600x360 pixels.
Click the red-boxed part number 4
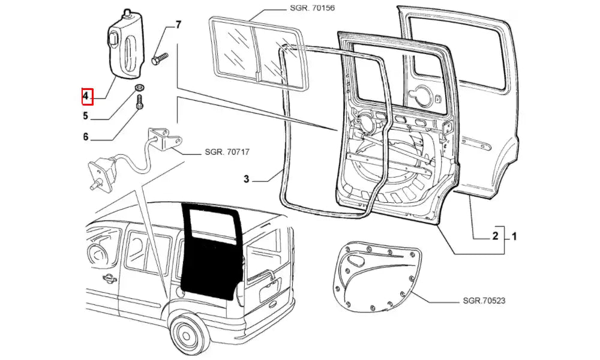pos(86,95)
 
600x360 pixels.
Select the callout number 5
pos(86,116)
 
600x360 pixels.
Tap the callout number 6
pos(86,137)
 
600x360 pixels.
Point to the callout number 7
pos(178,25)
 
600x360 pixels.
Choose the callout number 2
pos(496,236)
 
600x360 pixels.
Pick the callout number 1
pos(514,236)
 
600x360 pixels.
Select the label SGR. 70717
pos(227,153)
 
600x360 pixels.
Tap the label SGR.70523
pos(484,301)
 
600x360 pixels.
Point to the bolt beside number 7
pos(159,59)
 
